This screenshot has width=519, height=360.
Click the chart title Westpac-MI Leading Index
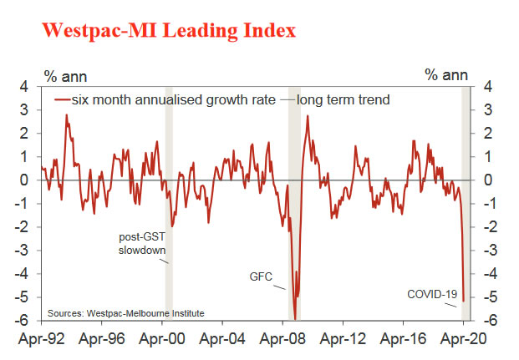[168, 32]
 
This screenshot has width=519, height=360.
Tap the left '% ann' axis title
[62, 75]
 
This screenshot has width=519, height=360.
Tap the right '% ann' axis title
[445, 75]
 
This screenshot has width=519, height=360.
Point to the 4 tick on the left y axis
[24, 86]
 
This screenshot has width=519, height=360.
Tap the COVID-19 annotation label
[431, 294]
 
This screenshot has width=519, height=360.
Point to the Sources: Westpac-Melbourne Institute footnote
[125, 313]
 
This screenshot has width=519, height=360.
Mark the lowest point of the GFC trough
[294, 318]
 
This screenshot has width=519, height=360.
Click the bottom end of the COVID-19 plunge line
[463, 300]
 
